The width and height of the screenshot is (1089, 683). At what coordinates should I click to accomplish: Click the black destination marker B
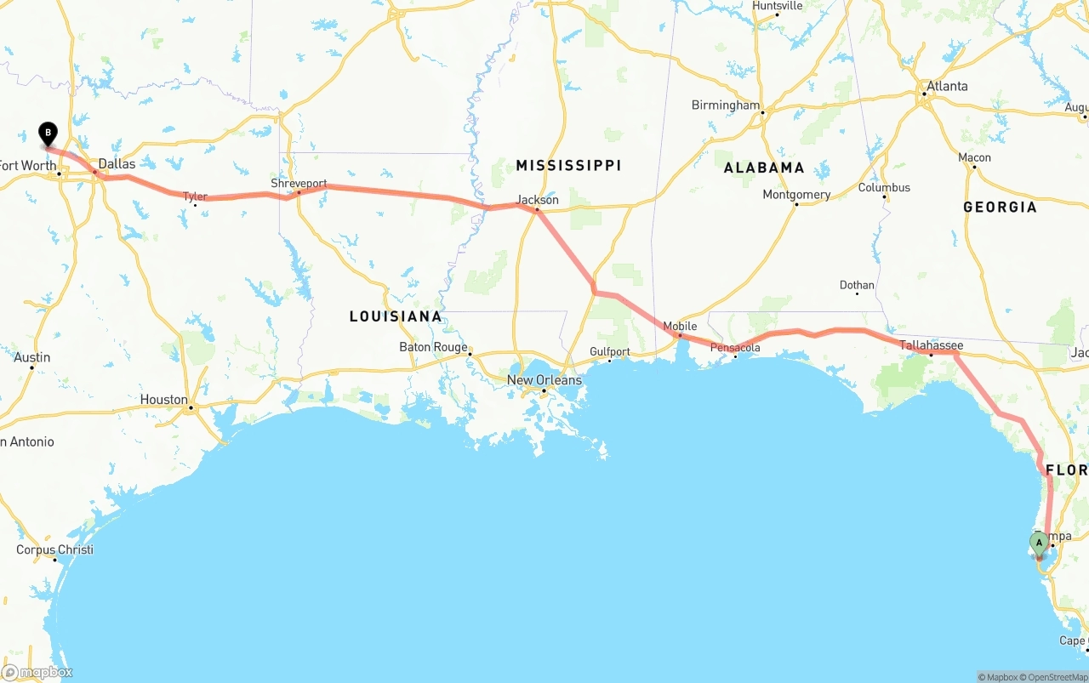(x=48, y=134)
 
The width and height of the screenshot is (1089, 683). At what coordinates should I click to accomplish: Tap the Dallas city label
(x=117, y=163)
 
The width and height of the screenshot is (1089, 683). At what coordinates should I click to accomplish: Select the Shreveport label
(x=299, y=183)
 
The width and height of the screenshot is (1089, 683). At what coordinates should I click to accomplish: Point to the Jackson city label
(x=538, y=200)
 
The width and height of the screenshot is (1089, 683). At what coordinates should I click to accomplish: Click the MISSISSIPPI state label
(x=568, y=165)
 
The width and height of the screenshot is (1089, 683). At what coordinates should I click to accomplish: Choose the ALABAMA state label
(x=764, y=168)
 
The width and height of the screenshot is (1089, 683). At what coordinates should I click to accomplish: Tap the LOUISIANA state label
(x=396, y=316)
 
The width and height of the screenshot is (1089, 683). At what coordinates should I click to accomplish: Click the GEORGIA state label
(x=1000, y=207)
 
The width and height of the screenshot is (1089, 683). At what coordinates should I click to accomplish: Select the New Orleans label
(x=544, y=379)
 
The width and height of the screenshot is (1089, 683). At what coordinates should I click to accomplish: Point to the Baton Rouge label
(x=434, y=347)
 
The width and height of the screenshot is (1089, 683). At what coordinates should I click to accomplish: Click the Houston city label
(x=164, y=399)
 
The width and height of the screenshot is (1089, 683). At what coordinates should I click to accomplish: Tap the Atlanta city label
(x=947, y=86)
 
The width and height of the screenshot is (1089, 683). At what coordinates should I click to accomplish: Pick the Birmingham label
(x=726, y=105)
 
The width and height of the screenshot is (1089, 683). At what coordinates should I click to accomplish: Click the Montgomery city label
(x=796, y=194)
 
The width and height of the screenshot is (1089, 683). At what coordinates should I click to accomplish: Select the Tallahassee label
(x=932, y=345)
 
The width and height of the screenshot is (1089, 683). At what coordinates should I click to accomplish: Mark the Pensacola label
(x=735, y=347)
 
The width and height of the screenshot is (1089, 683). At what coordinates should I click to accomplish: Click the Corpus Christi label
(x=54, y=549)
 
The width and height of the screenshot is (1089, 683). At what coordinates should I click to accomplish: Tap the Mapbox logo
(x=37, y=672)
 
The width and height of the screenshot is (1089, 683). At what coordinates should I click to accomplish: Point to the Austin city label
(x=32, y=357)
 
